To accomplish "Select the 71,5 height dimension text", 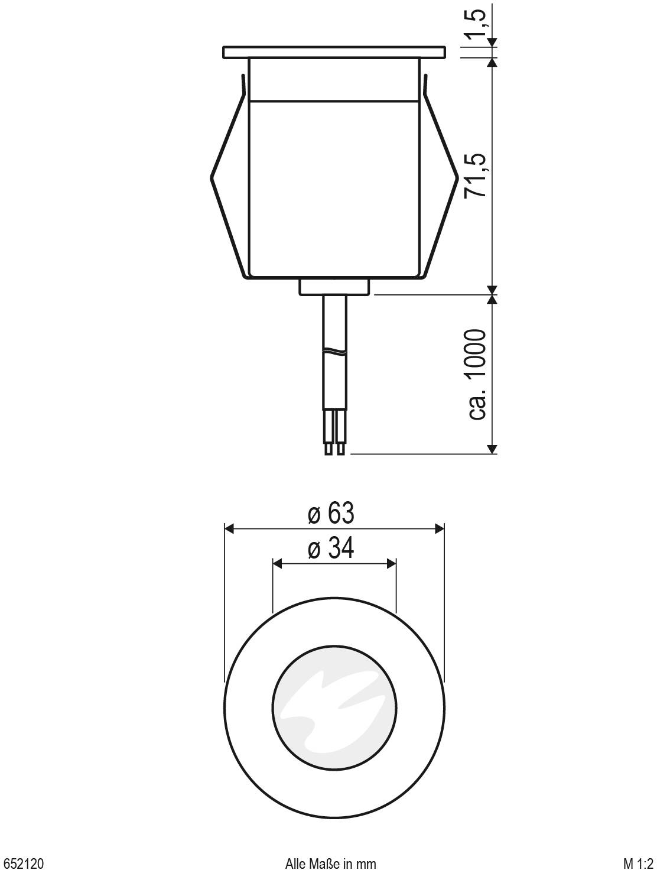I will [x=476, y=176].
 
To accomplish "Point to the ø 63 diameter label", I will [x=331, y=514].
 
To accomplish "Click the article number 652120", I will [x=24, y=863].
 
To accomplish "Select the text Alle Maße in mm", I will [x=330, y=863].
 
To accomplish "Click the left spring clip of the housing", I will [x=228, y=177].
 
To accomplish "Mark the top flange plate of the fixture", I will [x=334, y=52].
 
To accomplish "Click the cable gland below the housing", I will [x=334, y=287].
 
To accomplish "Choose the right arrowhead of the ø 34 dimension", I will [x=391, y=564].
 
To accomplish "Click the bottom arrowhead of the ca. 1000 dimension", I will [x=492, y=449].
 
